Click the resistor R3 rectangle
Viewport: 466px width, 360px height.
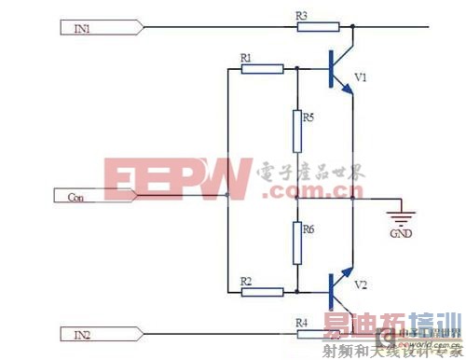tap(311, 27)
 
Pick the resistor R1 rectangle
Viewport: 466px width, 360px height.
tap(262, 68)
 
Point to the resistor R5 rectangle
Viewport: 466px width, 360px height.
tap(296, 131)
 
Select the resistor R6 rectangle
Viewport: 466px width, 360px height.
tap(296, 243)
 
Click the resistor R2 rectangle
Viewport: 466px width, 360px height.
tap(262, 291)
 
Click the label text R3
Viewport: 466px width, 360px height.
tap(300, 15)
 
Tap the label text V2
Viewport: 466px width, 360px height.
tap(362, 283)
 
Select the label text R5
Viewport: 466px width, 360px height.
tap(308, 118)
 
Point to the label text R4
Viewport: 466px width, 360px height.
tap(300, 321)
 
